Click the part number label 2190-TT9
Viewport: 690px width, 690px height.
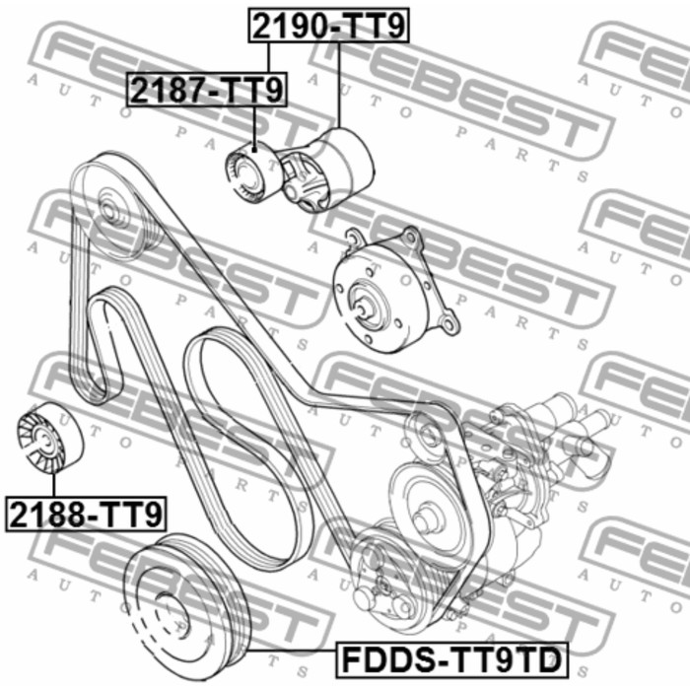[328, 25]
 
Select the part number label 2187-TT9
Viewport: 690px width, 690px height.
[207, 90]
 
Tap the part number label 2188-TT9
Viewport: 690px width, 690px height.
[86, 514]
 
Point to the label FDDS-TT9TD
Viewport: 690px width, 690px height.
[451, 659]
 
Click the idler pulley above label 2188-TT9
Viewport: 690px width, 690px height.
[49, 438]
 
